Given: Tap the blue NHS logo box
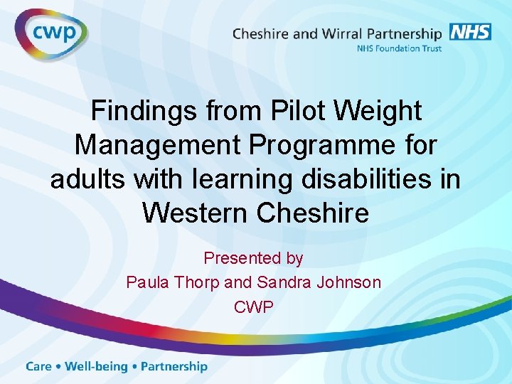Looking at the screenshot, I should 469,33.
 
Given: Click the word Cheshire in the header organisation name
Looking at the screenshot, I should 263,33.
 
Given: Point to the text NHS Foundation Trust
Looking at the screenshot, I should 398,48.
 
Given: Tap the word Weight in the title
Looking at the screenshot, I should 378,112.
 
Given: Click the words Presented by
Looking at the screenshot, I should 253,259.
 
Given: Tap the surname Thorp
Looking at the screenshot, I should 196,283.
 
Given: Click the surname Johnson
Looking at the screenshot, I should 349,282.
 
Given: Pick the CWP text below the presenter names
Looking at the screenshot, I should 254,306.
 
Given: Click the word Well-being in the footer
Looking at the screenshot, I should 96,367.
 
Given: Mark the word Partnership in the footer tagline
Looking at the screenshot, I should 174,367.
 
